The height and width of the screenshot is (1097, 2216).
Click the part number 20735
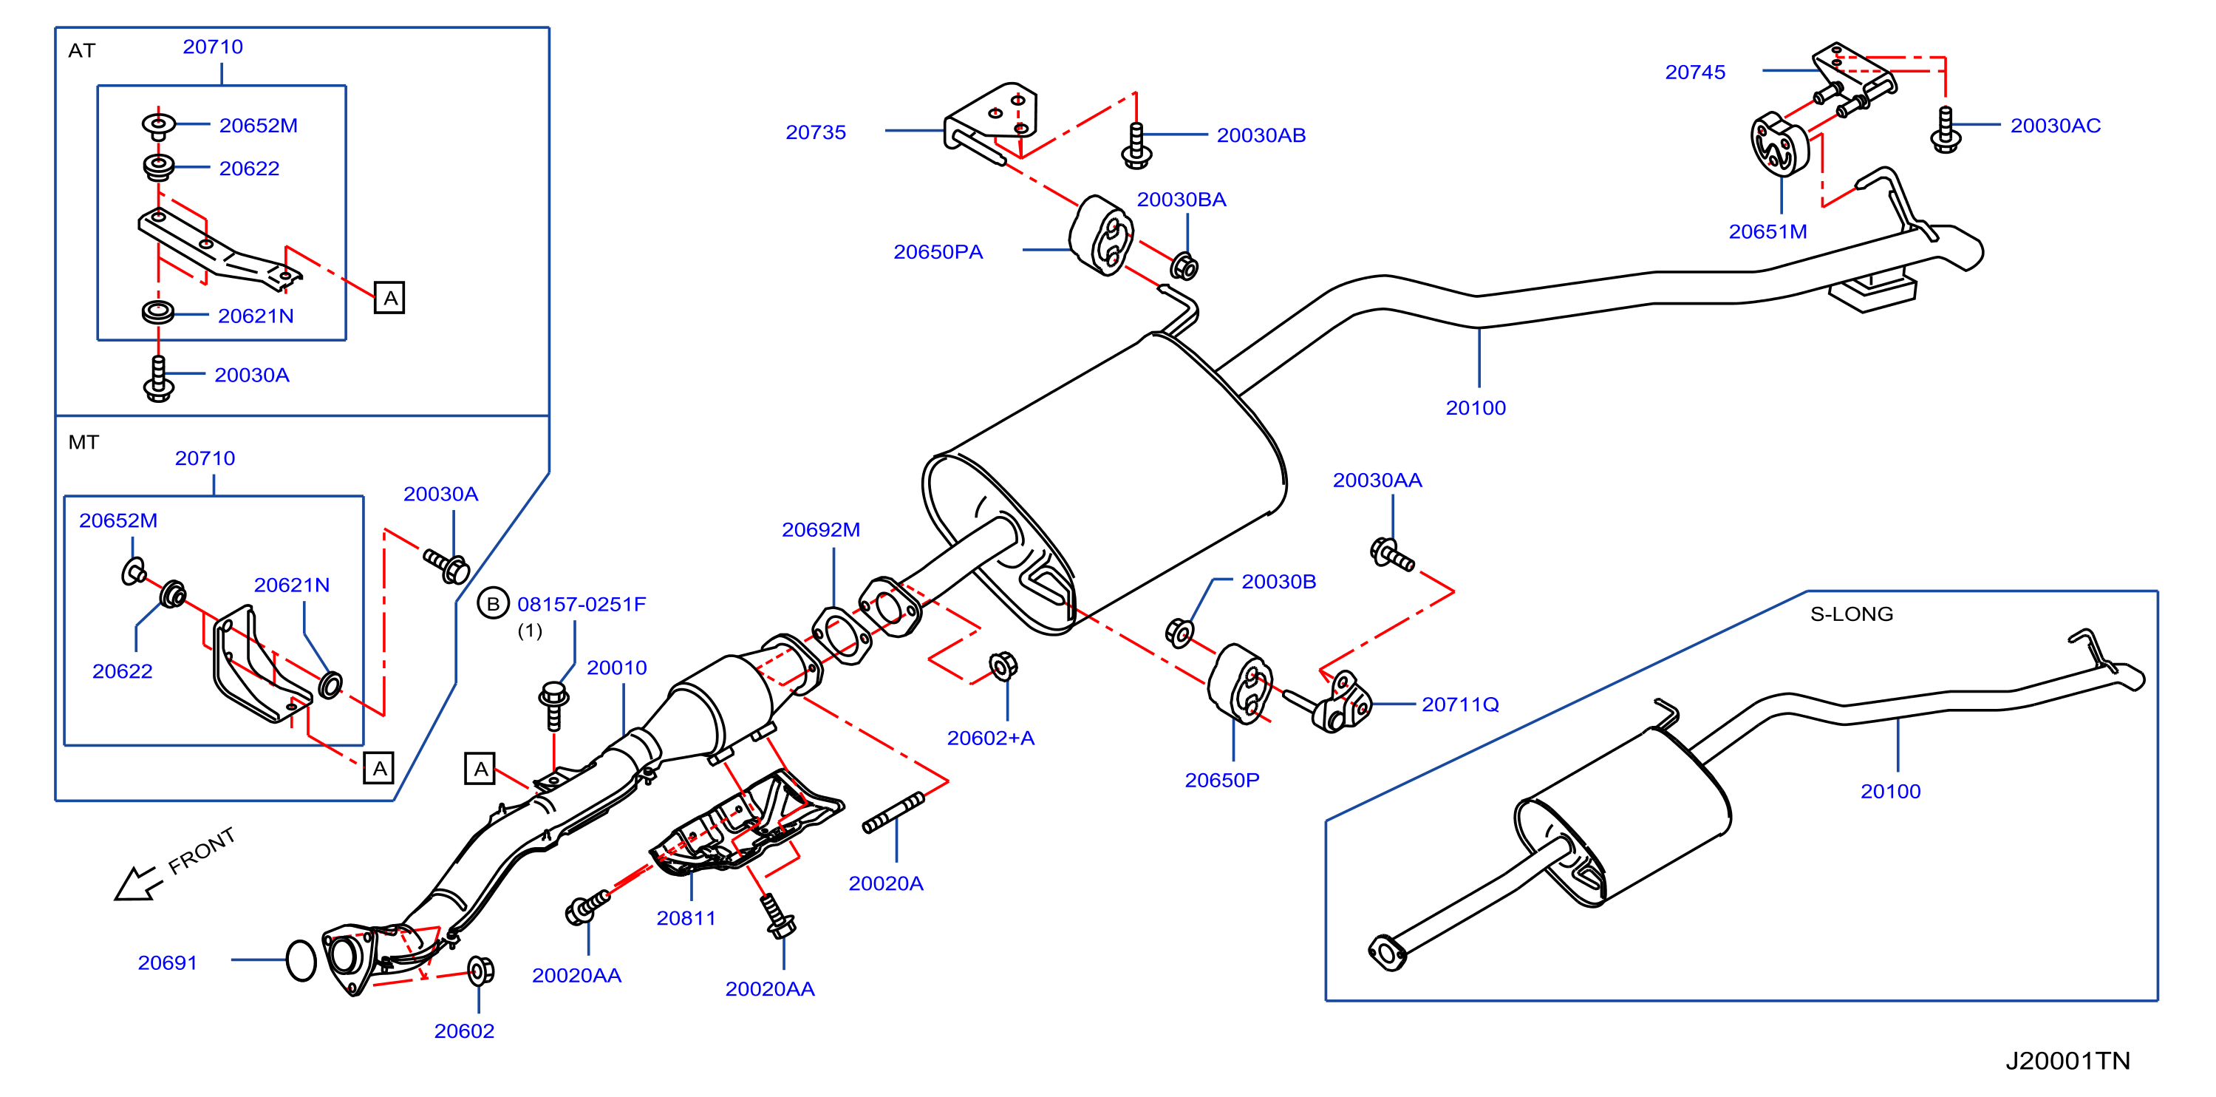[x=816, y=132]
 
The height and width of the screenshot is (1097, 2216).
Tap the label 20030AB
[x=1261, y=135]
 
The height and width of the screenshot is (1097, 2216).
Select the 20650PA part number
[x=938, y=252]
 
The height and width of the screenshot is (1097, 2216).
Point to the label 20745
[x=1694, y=72]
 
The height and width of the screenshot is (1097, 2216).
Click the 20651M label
[x=1767, y=231]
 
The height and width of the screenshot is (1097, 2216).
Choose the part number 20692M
[x=821, y=530]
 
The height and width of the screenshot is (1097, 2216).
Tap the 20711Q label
[x=1460, y=704]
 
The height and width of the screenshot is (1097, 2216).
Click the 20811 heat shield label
[x=686, y=918]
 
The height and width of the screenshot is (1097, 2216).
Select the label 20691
[x=168, y=962]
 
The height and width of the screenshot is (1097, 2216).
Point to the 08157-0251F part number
[x=582, y=604]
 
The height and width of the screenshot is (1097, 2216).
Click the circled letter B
[x=493, y=604]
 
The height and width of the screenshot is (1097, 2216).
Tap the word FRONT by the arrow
[x=201, y=851]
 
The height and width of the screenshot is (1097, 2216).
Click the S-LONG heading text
[x=1851, y=614]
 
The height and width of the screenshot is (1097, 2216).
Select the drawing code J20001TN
[x=2067, y=1061]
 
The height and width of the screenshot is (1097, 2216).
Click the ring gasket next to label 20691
[x=301, y=960]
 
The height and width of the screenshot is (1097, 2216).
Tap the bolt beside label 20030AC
[x=1945, y=130]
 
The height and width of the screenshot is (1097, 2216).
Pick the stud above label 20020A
[x=894, y=813]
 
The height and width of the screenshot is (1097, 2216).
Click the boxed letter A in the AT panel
[x=389, y=299]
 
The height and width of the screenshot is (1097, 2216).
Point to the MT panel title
[x=83, y=442]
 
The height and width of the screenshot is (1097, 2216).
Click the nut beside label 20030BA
[x=1184, y=267]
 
